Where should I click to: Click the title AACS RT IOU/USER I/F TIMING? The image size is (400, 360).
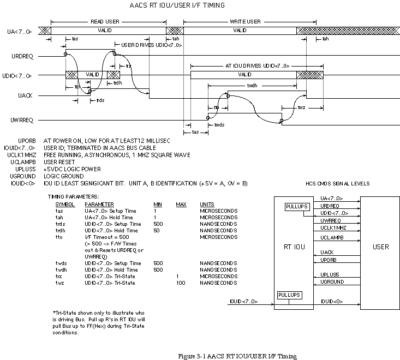point(177,5)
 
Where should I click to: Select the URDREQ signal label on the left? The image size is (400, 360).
point(22,56)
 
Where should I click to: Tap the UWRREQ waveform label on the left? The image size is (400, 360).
point(22,120)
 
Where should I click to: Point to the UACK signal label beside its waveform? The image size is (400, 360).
point(25,95)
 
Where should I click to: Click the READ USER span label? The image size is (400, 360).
point(105,22)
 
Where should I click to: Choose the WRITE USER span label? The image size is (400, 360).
point(245,22)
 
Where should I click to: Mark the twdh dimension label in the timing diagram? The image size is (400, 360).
point(252,86)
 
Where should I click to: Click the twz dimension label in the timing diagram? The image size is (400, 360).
point(301,107)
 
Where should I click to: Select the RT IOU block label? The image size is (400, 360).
point(294,247)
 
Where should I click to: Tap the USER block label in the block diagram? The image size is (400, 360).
point(380,247)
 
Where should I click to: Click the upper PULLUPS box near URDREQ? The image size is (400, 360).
point(297,207)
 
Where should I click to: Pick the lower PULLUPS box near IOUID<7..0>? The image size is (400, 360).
point(290,295)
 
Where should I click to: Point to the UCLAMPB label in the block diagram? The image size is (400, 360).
point(332,238)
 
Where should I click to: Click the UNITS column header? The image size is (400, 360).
point(207,205)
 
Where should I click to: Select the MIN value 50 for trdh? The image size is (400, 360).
point(157,231)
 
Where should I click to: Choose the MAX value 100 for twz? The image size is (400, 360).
point(181,283)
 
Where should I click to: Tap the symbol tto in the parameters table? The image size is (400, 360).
point(59,237)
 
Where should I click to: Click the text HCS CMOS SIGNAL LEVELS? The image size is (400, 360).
point(337,184)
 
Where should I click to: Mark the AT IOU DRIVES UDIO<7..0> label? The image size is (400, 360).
point(258,66)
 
